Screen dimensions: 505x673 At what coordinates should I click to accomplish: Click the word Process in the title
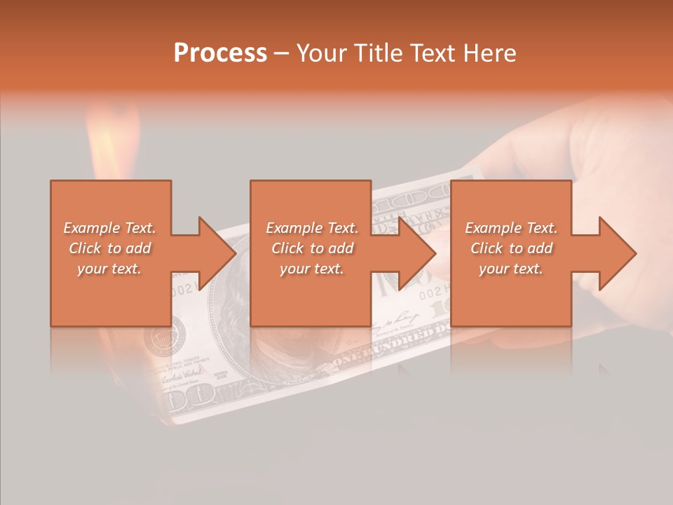click(220, 53)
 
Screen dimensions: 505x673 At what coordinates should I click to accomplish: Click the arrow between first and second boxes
click(208, 253)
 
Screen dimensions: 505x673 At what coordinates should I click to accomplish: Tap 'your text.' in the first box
click(109, 269)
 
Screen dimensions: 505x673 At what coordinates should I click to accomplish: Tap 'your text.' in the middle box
click(311, 269)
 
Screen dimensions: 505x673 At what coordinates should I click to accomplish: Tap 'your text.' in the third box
click(510, 269)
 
